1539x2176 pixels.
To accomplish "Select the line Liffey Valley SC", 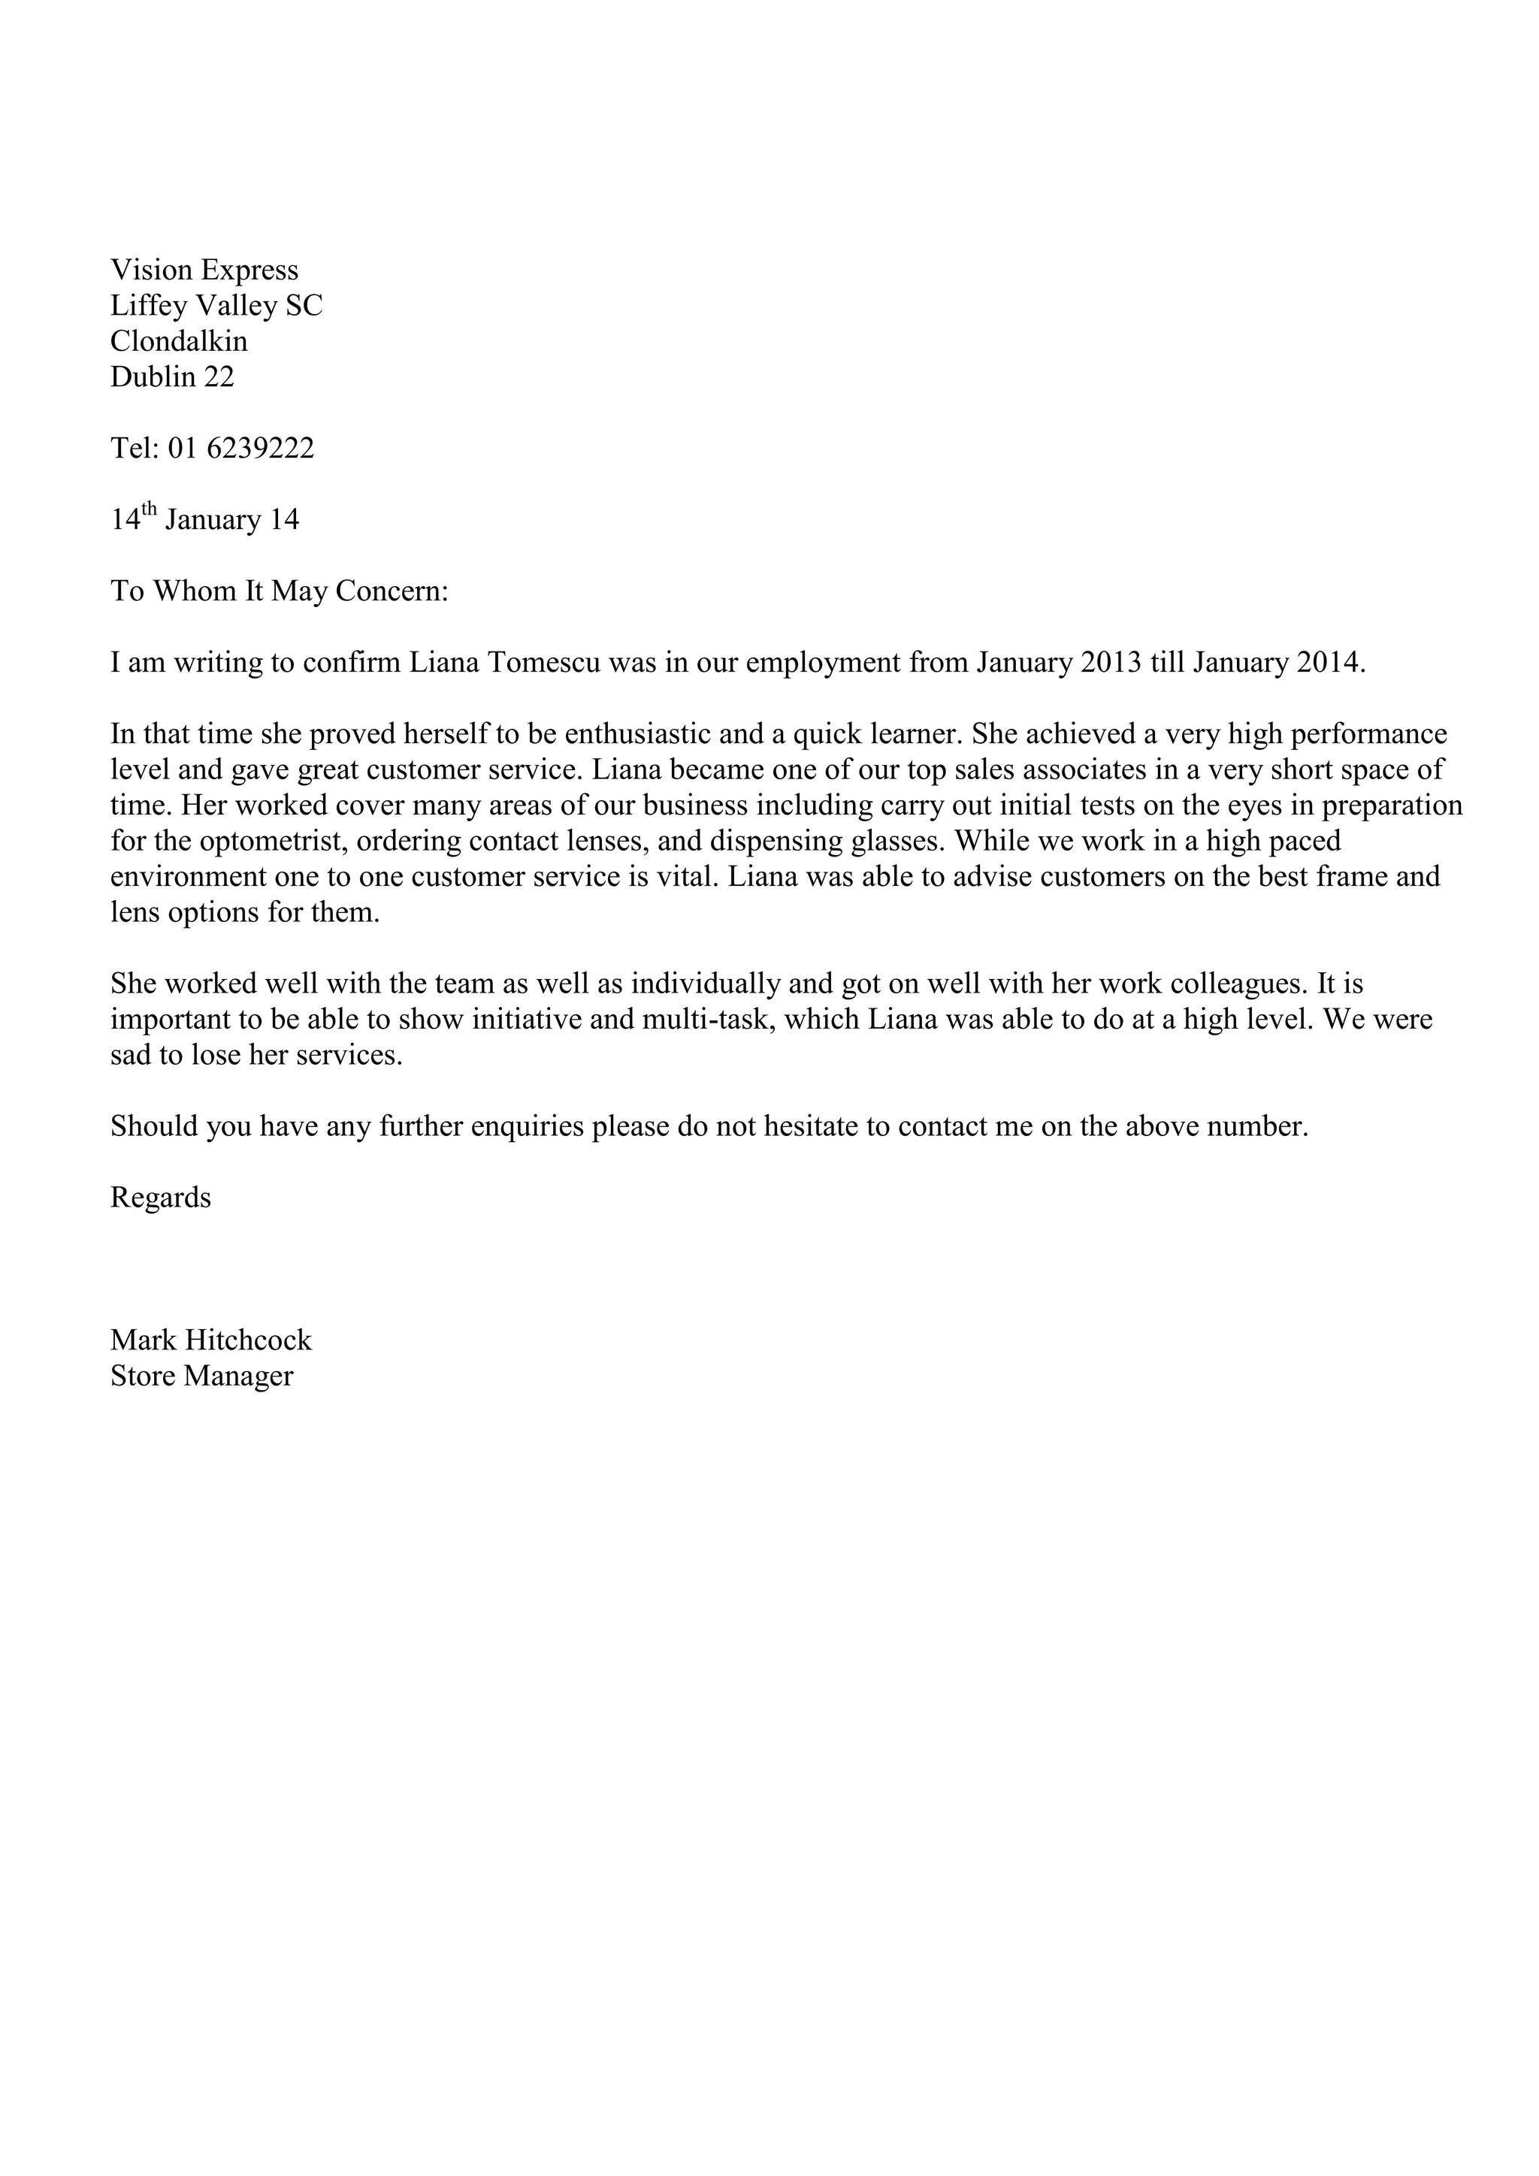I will pyautogui.click(x=216, y=306).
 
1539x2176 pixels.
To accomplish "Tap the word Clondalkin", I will pyautogui.click(x=178, y=341).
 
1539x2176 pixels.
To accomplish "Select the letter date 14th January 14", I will pyautogui.click(x=204, y=519).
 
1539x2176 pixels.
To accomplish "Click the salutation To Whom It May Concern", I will pyautogui.click(x=279, y=591).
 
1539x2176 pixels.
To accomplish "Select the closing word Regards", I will pyautogui.click(x=160, y=1198).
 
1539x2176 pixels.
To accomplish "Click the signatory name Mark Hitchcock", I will pyautogui.click(x=210, y=1340).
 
